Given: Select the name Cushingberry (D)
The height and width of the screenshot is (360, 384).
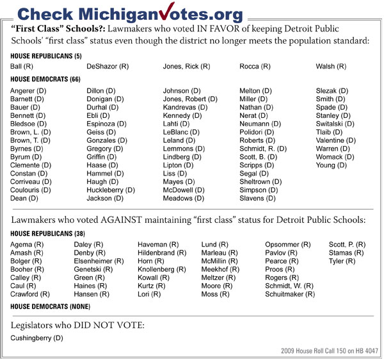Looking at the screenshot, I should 36,337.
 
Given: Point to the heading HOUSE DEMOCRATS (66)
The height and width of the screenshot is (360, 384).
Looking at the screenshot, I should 47,79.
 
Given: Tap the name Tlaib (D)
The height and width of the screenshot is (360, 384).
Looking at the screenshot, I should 330,132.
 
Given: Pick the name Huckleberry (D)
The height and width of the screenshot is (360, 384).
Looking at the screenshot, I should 111,190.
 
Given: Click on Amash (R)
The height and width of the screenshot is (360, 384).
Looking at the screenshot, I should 27,253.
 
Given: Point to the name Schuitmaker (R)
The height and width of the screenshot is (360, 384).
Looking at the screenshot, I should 290,294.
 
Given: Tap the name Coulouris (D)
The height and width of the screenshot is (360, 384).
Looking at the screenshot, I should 31,190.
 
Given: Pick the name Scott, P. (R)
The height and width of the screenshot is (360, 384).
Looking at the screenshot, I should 348,245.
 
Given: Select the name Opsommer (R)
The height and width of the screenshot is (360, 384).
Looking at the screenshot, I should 288,245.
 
